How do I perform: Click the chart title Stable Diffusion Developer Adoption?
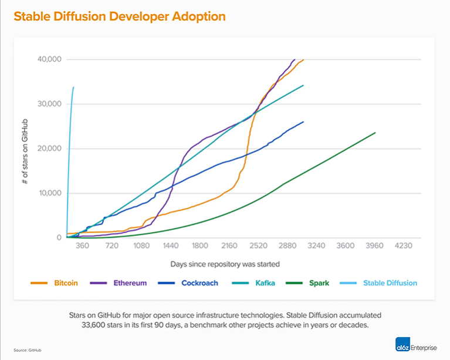119,16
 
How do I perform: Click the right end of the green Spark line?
375,133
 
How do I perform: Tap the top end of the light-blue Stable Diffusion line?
73,88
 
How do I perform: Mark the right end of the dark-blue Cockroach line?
303,122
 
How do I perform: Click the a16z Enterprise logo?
415,346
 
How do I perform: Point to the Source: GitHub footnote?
27,350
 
